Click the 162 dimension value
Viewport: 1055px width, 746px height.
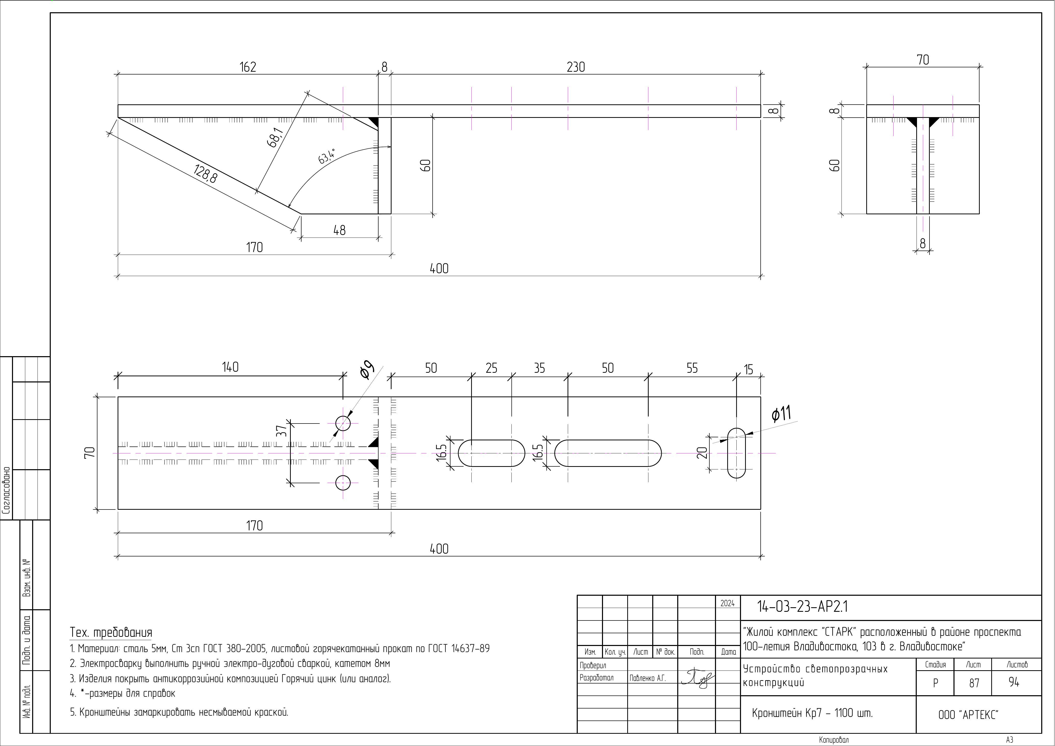(248, 67)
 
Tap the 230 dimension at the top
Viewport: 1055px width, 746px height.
(576, 67)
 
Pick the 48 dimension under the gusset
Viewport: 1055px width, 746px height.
(340, 230)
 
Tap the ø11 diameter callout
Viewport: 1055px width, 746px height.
(781, 413)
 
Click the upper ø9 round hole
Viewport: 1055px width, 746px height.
(343, 423)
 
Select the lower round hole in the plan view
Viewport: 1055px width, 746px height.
(343, 483)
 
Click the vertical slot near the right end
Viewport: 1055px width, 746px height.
(737, 453)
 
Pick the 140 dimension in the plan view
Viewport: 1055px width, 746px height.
(230, 367)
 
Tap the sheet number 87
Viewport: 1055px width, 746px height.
(974, 683)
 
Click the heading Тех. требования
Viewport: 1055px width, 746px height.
(111, 632)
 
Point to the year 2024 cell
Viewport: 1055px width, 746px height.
(727, 604)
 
